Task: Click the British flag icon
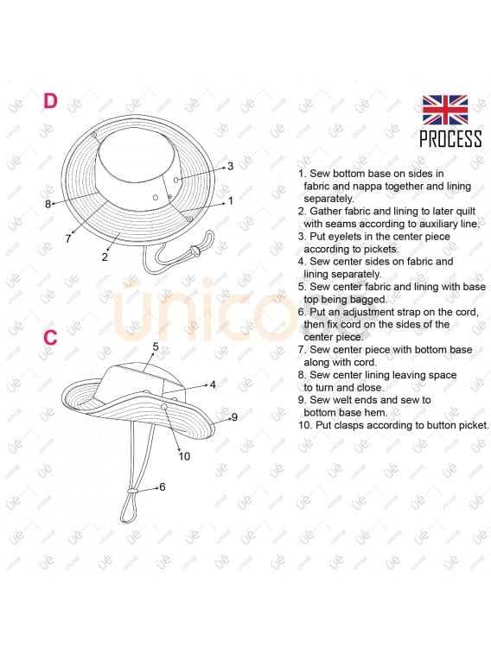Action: (445, 110)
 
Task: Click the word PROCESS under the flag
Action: (450, 139)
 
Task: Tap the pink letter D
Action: (50, 101)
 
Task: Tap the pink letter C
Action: (50, 338)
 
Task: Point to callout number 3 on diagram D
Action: (230, 167)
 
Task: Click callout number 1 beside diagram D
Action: (231, 201)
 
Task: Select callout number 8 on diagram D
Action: (48, 204)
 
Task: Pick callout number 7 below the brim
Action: (68, 238)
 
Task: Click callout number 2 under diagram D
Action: (105, 257)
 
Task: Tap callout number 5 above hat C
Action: (156, 347)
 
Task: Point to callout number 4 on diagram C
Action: (213, 384)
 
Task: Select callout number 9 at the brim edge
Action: (234, 417)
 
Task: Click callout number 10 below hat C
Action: (184, 456)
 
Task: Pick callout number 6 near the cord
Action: (163, 486)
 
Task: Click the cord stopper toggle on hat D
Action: (193, 251)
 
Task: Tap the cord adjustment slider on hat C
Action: (132, 492)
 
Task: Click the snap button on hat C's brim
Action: (164, 407)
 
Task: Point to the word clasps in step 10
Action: (348, 425)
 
